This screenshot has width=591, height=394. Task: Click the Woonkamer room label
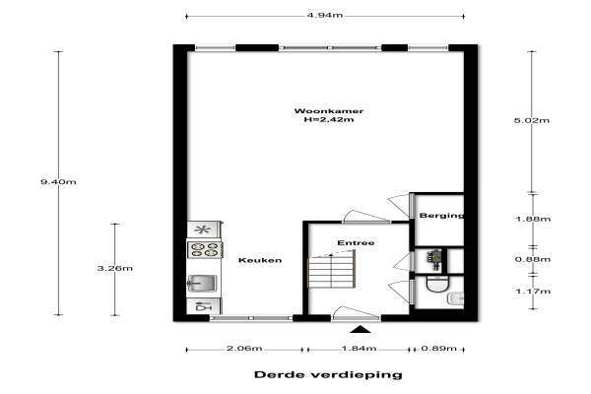pyautogui.click(x=329, y=111)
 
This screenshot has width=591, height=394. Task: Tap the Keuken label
pyautogui.click(x=260, y=260)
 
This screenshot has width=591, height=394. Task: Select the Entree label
pyautogui.click(x=356, y=243)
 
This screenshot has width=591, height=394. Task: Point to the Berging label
pyautogui.click(x=441, y=216)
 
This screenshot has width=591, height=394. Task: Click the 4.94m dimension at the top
pyautogui.click(x=325, y=15)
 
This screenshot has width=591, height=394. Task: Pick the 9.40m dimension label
pyautogui.click(x=58, y=181)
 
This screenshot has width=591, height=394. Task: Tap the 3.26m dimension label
pyautogui.click(x=115, y=268)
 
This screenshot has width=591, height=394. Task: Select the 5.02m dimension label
pyautogui.click(x=532, y=120)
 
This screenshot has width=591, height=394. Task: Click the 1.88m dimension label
pyautogui.click(x=533, y=219)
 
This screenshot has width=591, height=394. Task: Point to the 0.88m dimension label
pyautogui.click(x=533, y=259)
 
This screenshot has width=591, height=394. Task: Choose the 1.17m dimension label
pyautogui.click(x=533, y=292)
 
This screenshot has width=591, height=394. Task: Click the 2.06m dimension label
pyautogui.click(x=244, y=348)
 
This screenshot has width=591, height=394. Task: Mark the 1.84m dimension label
pyautogui.click(x=359, y=348)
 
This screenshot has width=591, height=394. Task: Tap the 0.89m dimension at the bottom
pyautogui.click(x=438, y=348)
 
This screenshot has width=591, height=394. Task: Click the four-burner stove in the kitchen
pyautogui.click(x=205, y=249)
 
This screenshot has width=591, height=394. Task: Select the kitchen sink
pyautogui.click(x=202, y=283)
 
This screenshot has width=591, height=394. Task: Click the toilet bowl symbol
pyautogui.click(x=437, y=284)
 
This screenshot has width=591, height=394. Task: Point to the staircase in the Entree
pyautogui.click(x=332, y=269)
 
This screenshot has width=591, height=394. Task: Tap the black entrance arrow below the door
pyautogui.click(x=361, y=330)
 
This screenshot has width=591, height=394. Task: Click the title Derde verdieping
pyautogui.click(x=328, y=374)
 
